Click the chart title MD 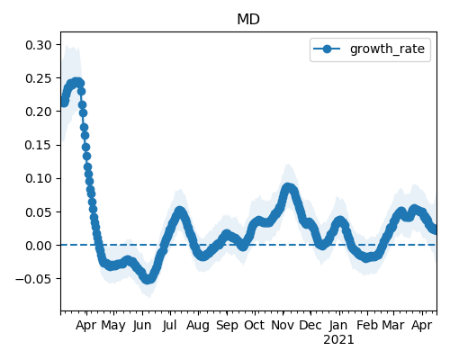(x=248, y=19)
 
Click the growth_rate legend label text (x=387, y=49)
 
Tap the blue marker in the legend (x=327, y=49)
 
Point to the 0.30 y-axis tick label (x=39, y=45)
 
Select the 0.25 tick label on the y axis (x=39, y=78)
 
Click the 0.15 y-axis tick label (x=39, y=145)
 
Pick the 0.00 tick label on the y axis (x=39, y=246)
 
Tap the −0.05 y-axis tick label (x=34, y=279)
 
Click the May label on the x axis (x=113, y=326)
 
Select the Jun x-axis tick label (x=142, y=326)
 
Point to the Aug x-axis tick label (x=198, y=326)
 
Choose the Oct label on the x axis (x=255, y=326)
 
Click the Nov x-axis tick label (x=283, y=326)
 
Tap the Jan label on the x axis (x=338, y=326)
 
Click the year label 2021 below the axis (x=338, y=340)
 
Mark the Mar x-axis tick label (x=393, y=326)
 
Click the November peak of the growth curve (x=288, y=188)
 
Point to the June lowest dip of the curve (x=148, y=279)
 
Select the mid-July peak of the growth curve (x=180, y=211)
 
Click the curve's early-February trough (x=366, y=257)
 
